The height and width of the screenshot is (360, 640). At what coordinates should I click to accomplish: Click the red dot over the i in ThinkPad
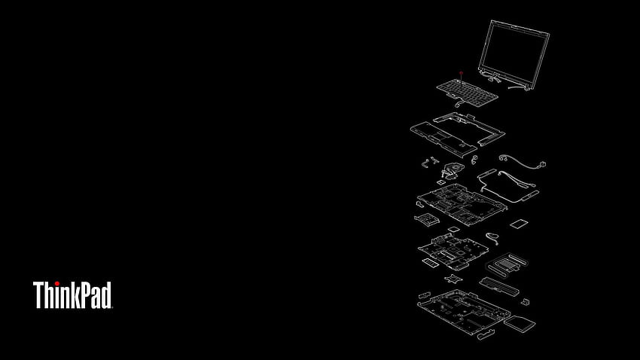(56, 283)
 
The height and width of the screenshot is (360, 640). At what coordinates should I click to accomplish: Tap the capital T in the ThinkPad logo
(38, 294)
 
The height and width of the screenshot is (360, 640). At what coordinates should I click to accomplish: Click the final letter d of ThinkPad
(106, 294)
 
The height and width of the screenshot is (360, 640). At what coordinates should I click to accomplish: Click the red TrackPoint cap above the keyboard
(461, 74)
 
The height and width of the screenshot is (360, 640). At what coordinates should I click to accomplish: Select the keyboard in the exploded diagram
(467, 93)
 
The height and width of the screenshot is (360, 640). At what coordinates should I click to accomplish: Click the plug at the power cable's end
(542, 164)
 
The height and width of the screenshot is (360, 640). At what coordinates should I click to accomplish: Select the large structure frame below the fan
(462, 204)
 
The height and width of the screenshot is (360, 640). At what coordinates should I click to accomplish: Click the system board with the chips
(453, 251)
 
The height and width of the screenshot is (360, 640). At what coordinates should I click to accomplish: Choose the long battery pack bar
(499, 286)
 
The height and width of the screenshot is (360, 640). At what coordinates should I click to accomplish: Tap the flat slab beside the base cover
(520, 324)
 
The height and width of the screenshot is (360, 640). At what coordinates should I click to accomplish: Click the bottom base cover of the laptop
(464, 312)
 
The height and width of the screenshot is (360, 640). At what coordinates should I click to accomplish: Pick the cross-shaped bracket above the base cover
(453, 279)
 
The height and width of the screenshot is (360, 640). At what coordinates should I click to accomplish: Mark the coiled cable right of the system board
(492, 238)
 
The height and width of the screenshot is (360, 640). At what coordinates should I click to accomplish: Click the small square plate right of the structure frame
(519, 224)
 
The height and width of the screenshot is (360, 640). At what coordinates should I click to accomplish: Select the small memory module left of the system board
(430, 263)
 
